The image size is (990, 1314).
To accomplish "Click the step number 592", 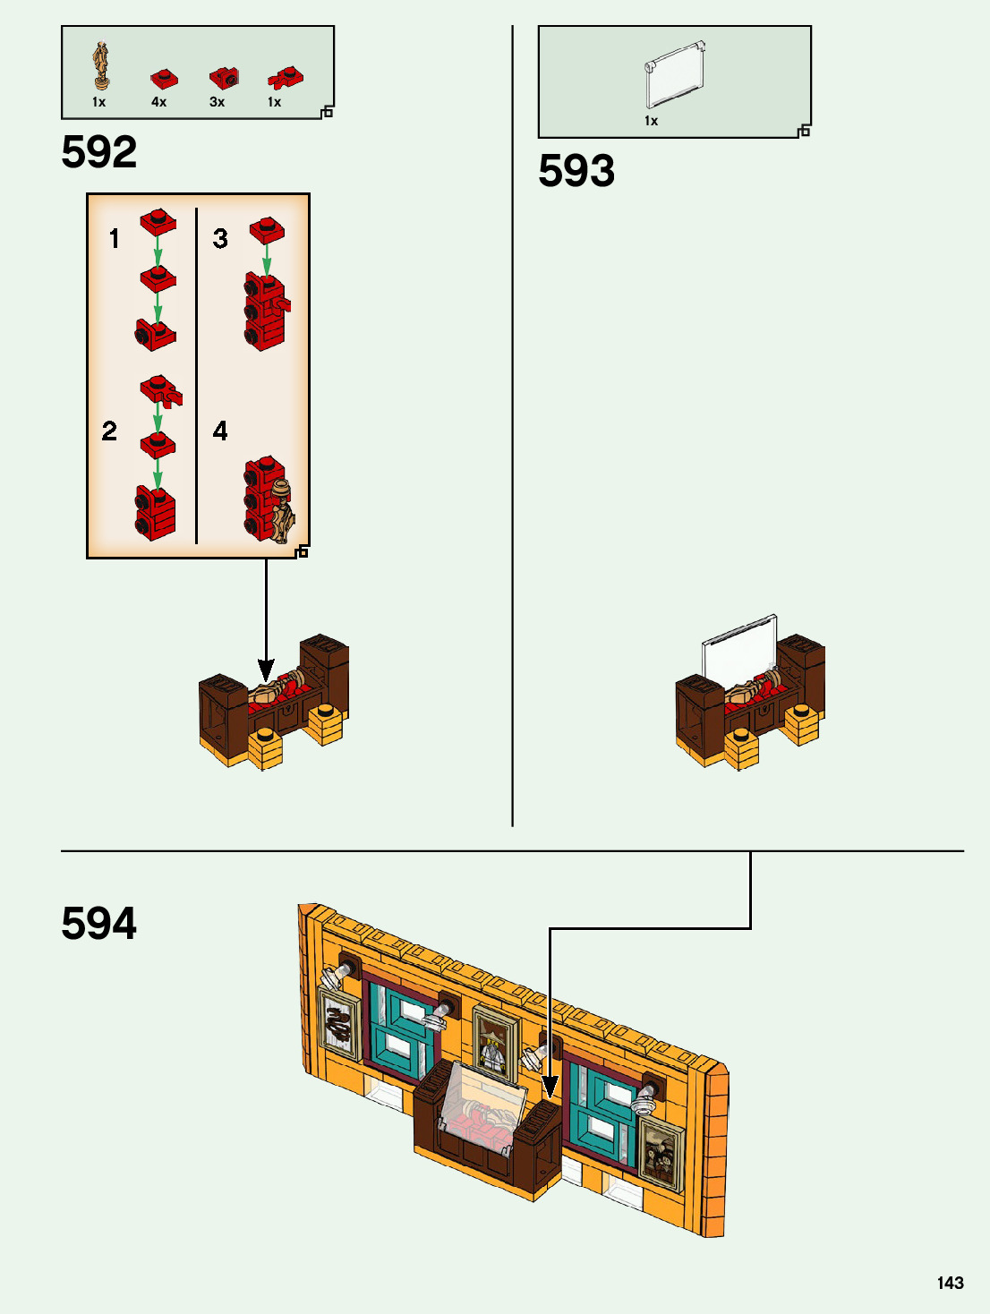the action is (x=99, y=152).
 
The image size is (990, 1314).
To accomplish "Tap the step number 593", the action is (x=576, y=171).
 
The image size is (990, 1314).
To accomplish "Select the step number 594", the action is (x=99, y=924).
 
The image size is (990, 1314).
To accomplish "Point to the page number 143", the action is (x=950, y=1283).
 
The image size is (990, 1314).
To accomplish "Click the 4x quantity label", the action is (x=158, y=102).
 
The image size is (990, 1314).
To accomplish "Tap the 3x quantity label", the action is (x=217, y=102).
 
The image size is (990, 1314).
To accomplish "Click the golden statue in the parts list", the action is (x=102, y=64).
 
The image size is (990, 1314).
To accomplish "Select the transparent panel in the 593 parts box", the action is (x=674, y=79).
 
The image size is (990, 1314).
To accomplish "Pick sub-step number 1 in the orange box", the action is (x=114, y=239).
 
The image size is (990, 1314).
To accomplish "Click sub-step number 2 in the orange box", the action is (x=109, y=431).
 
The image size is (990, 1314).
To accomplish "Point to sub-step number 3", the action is (x=220, y=239).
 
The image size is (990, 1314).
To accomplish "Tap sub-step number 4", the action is (x=220, y=431).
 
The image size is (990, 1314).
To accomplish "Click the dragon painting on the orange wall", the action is (x=339, y=1024).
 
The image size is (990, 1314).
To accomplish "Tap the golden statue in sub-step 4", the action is (x=283, y=514).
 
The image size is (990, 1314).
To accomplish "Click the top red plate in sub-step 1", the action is (x=158, y=221).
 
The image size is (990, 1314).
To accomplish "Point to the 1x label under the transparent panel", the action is (x=651, y=121).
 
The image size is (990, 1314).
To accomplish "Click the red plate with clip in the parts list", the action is (x=285, y=79).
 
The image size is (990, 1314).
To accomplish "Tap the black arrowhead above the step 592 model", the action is (x=266, y=670).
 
